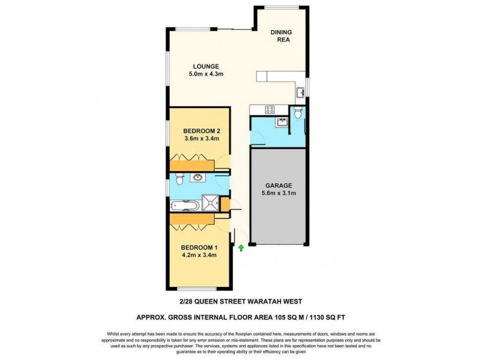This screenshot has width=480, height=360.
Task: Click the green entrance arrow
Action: click(x=241, y=247)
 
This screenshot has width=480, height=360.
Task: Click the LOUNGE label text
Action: click(x=205, y=67)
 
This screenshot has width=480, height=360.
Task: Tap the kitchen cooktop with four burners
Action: click(x=270, y=109)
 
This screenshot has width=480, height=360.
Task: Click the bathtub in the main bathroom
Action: click(x=185, y=205)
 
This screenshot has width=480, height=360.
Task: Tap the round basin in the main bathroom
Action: click(x=197, y=178)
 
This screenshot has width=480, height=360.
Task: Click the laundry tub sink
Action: click(x=281, y=122)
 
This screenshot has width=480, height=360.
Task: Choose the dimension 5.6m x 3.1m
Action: click(x=277, y=194)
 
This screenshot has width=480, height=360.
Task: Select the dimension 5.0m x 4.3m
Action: click(x=206, y=74)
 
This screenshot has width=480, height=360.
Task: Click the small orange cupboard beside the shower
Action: click(x=225, y=205)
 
